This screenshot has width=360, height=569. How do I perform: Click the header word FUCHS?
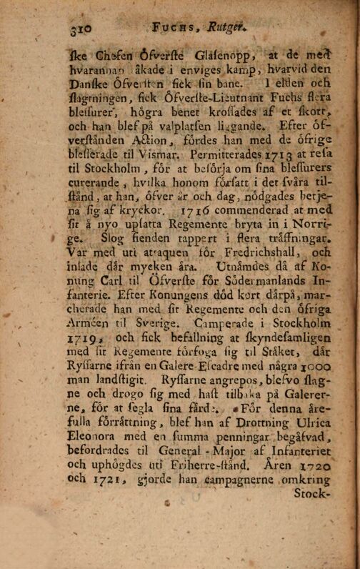click(174, 30)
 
